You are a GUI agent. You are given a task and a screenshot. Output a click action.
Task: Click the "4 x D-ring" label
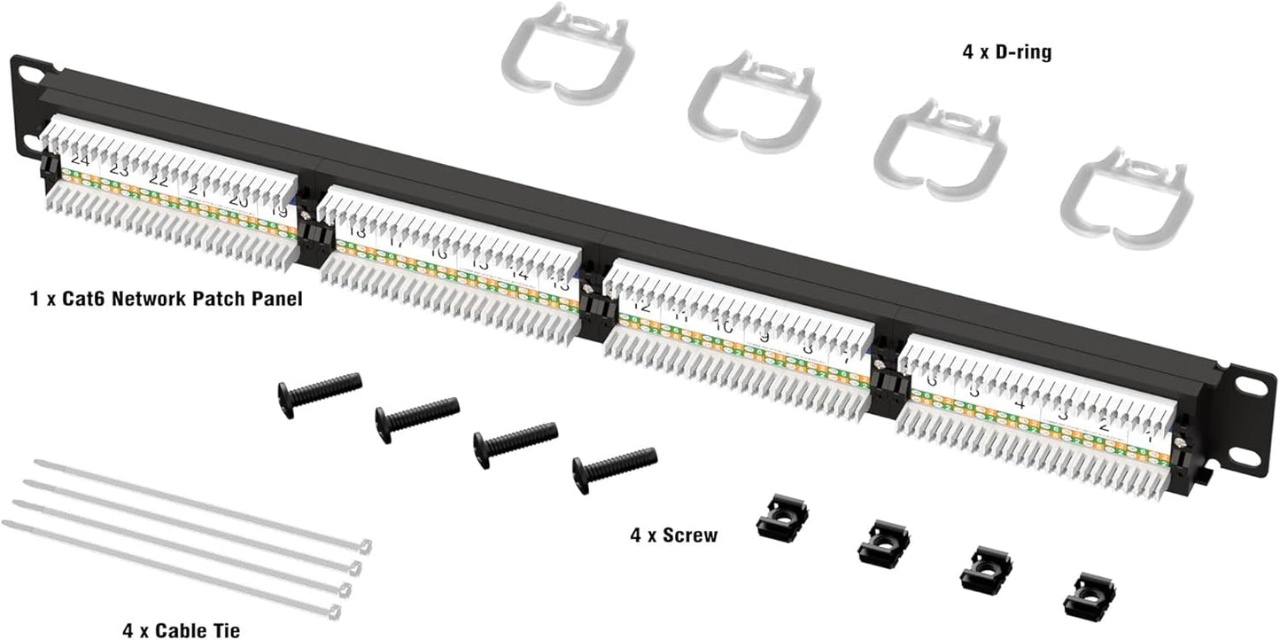point(1006,53)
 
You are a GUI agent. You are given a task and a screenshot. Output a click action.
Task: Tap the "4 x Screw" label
point(673,535)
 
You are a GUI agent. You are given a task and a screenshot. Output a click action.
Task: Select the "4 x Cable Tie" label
point(181,630)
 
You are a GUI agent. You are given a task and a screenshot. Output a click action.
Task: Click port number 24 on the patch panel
point(81,160)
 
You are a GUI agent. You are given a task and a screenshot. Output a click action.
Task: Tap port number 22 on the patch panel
point(159,180)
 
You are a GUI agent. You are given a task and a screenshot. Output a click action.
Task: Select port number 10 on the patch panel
point(724,327)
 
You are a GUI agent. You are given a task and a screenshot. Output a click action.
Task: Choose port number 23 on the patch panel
point(119,169)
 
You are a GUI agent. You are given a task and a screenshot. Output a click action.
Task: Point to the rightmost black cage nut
point(1089,596)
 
